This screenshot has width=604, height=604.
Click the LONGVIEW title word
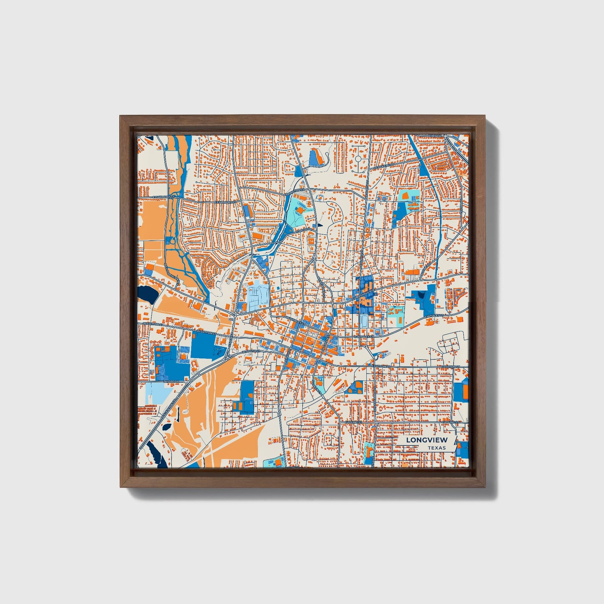tap(426, 440)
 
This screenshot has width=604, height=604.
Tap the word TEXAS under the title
tap(436, 448)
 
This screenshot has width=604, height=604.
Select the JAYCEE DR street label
tap(171, 381)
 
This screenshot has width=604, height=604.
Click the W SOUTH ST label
tap(251, 352)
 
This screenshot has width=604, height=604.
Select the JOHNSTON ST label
tap(292, 193)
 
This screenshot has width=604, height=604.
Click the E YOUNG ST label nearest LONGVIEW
tap(451, 423)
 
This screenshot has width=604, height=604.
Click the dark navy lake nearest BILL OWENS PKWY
tap(148, 294)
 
